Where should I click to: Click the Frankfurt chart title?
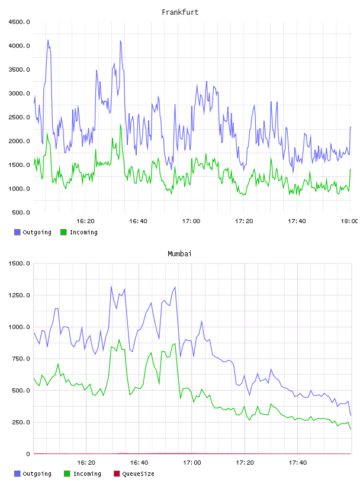[180, 12]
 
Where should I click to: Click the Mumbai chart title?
[179, 254]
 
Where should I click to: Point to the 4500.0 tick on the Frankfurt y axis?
[19, 22]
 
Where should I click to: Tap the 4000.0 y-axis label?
[19, 46]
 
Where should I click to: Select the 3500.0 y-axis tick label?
[19, 70]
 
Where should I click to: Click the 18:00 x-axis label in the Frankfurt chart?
[349, 221]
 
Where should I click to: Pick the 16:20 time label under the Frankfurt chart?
[85, 221]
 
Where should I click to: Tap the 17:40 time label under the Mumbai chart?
[298, 462]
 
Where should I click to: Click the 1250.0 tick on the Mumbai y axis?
[19, 295]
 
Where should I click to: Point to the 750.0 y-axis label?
[21, 359]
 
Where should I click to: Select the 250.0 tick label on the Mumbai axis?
[21, 422]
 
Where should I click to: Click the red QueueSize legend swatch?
[117, 474]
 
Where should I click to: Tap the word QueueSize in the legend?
[138, 474]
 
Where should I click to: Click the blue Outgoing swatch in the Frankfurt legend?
[17, 232]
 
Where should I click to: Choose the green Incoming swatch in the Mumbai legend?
[67, 474]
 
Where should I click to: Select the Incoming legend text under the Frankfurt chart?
[83, 232]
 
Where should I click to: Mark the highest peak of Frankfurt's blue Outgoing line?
[48, 40]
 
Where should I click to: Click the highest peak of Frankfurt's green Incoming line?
[120, 124]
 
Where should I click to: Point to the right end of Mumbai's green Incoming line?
[351, 429]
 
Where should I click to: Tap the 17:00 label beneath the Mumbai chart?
[192, 462]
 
